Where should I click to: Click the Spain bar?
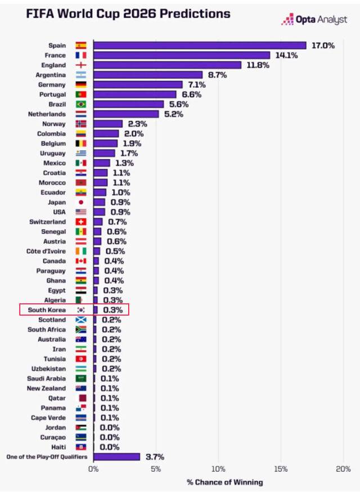(200, 46)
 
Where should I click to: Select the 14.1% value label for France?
(287, 55)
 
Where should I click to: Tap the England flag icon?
(81, 65)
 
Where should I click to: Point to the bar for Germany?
(138, 84)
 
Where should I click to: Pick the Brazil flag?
(81, 104)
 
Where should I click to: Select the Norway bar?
(108, 124)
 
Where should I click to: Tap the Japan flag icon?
(81, 202)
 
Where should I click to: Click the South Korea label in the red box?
(47, 310)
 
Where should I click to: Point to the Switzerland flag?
(81, 222)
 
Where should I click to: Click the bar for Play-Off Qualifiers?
(116, 457)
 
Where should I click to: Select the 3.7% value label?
(155, 457)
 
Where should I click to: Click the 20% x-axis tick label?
(343, 469)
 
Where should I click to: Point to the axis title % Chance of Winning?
(224, 482)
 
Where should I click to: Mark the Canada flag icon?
(81, 261)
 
